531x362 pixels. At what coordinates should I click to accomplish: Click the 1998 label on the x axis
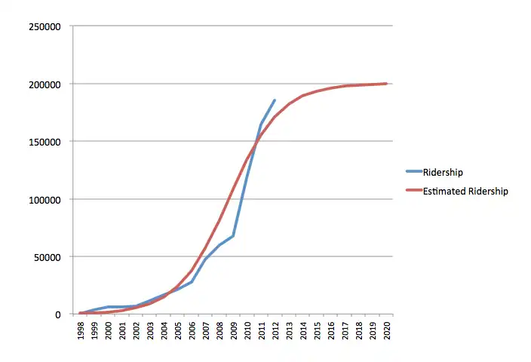point(81,332)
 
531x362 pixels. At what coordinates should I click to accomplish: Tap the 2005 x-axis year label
point(178,332)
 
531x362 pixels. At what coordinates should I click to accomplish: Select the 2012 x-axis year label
point(275,332)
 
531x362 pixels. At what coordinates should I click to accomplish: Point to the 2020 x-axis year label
point(387,332)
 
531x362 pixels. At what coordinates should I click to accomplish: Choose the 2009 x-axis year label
point(234,332)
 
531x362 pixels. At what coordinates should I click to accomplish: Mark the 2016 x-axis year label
point(331,332)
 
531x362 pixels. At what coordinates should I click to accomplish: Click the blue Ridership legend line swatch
point(410,173)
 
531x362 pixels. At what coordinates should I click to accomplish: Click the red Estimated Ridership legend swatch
point(410,192)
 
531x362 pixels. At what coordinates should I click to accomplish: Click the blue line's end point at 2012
point(275,100)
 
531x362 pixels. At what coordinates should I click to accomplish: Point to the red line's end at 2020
point(387,84)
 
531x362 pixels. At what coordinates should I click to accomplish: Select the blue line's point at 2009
point(234,236)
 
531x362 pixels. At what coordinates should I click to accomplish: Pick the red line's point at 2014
point(303,96)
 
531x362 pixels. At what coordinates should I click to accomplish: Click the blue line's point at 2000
point(109,307)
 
